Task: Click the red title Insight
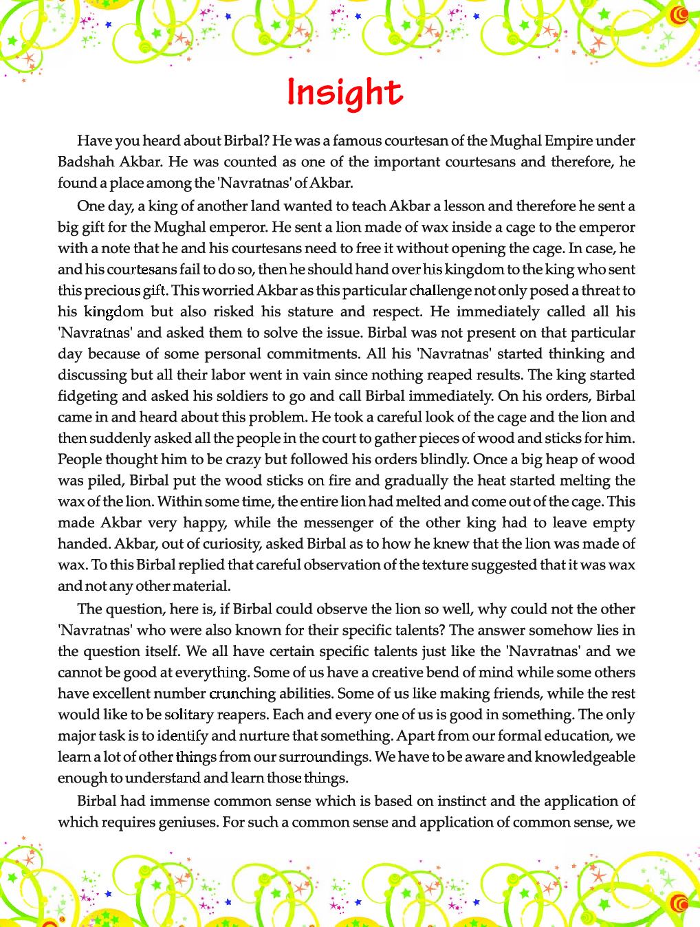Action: (x=344, y=93)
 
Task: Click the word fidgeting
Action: (x=87, y=397)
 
